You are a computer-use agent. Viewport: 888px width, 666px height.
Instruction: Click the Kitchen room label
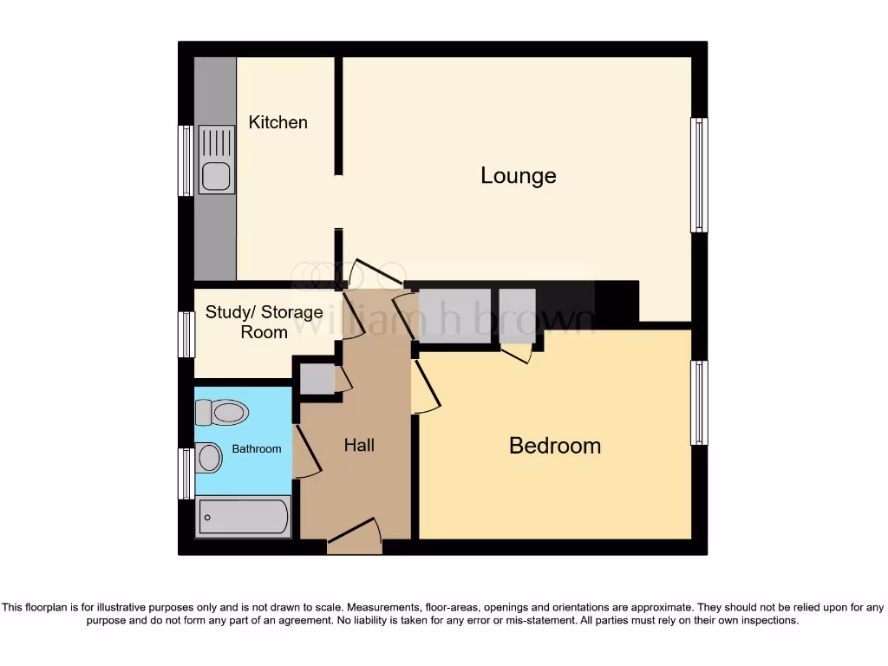(x=277, y=122)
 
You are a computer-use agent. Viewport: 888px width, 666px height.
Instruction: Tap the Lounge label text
(x=518, y=176)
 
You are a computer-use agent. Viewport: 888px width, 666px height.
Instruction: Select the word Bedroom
(x=554, y=446)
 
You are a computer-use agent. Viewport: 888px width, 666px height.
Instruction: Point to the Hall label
(x=359, y=445)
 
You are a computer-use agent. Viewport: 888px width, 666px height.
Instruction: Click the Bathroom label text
(x=256, y=449)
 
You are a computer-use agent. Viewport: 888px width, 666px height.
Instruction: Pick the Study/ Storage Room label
(x=264, y=322)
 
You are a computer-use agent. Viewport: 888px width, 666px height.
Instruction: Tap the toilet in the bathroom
(x=222, y=413)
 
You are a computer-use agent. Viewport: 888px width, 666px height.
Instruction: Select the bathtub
(x=243, y=518)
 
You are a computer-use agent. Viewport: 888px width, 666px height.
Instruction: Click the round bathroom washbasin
(x=208, y=457)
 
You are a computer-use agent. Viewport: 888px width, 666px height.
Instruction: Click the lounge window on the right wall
(x=698, y=175)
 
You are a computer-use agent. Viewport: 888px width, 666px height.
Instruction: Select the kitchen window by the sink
(x=185, y=160)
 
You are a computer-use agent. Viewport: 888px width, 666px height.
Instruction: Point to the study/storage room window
(x=186, y=335)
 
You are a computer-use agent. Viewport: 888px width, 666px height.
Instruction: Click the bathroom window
(x=185, y=473)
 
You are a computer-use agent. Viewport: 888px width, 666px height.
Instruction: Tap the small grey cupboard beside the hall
(x=317, y=380)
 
